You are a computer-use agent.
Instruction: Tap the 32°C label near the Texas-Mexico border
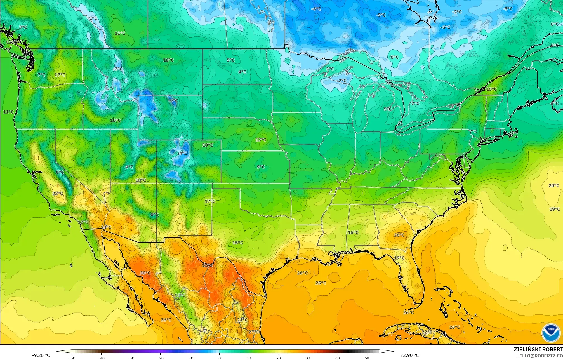pyautogui.click(x=208, y=265)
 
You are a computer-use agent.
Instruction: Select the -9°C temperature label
pyautogui.click(x=173, y=100)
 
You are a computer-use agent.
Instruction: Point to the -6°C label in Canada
pyautogui.click(x=316, y=9)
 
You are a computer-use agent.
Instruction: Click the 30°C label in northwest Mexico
pyautogui.click(x=145, y=273)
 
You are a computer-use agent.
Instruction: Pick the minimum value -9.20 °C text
pyautogui.click(x=41, y=355)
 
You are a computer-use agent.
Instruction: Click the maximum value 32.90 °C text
pyautogui.click(x=409, y=355)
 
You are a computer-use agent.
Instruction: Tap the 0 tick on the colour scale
pyautogui.click(x=219, y=358)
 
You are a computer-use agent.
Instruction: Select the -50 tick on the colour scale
pyautogui.click(x=72, y=358)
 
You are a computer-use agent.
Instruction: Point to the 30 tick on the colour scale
pyautogui.click(x=308, y=358)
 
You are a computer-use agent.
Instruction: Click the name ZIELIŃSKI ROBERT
pyautogui.click(x=538, y=349)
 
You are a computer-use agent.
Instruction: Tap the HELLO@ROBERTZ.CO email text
pyautogui.click(x=539, y=356)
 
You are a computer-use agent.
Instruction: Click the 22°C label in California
pyautogui.click(x=58, y=194)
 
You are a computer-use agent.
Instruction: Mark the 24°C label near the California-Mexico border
pyautogui.click(x=106, y=227)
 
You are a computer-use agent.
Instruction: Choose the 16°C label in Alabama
pyautogui.click(x=353, y=232)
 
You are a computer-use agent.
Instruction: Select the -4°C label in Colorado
pyautogui.click(x=182, y=153)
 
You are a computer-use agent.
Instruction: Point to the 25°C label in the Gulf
pyautogui.click(x=321, y=283)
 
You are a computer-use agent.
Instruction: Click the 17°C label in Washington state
pyautogui.click(x=60, y=75)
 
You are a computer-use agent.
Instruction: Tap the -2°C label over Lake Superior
pyautogui.click(x=341, y=81)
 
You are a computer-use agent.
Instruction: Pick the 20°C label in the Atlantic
pyautogui.click(x=553, y=185)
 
